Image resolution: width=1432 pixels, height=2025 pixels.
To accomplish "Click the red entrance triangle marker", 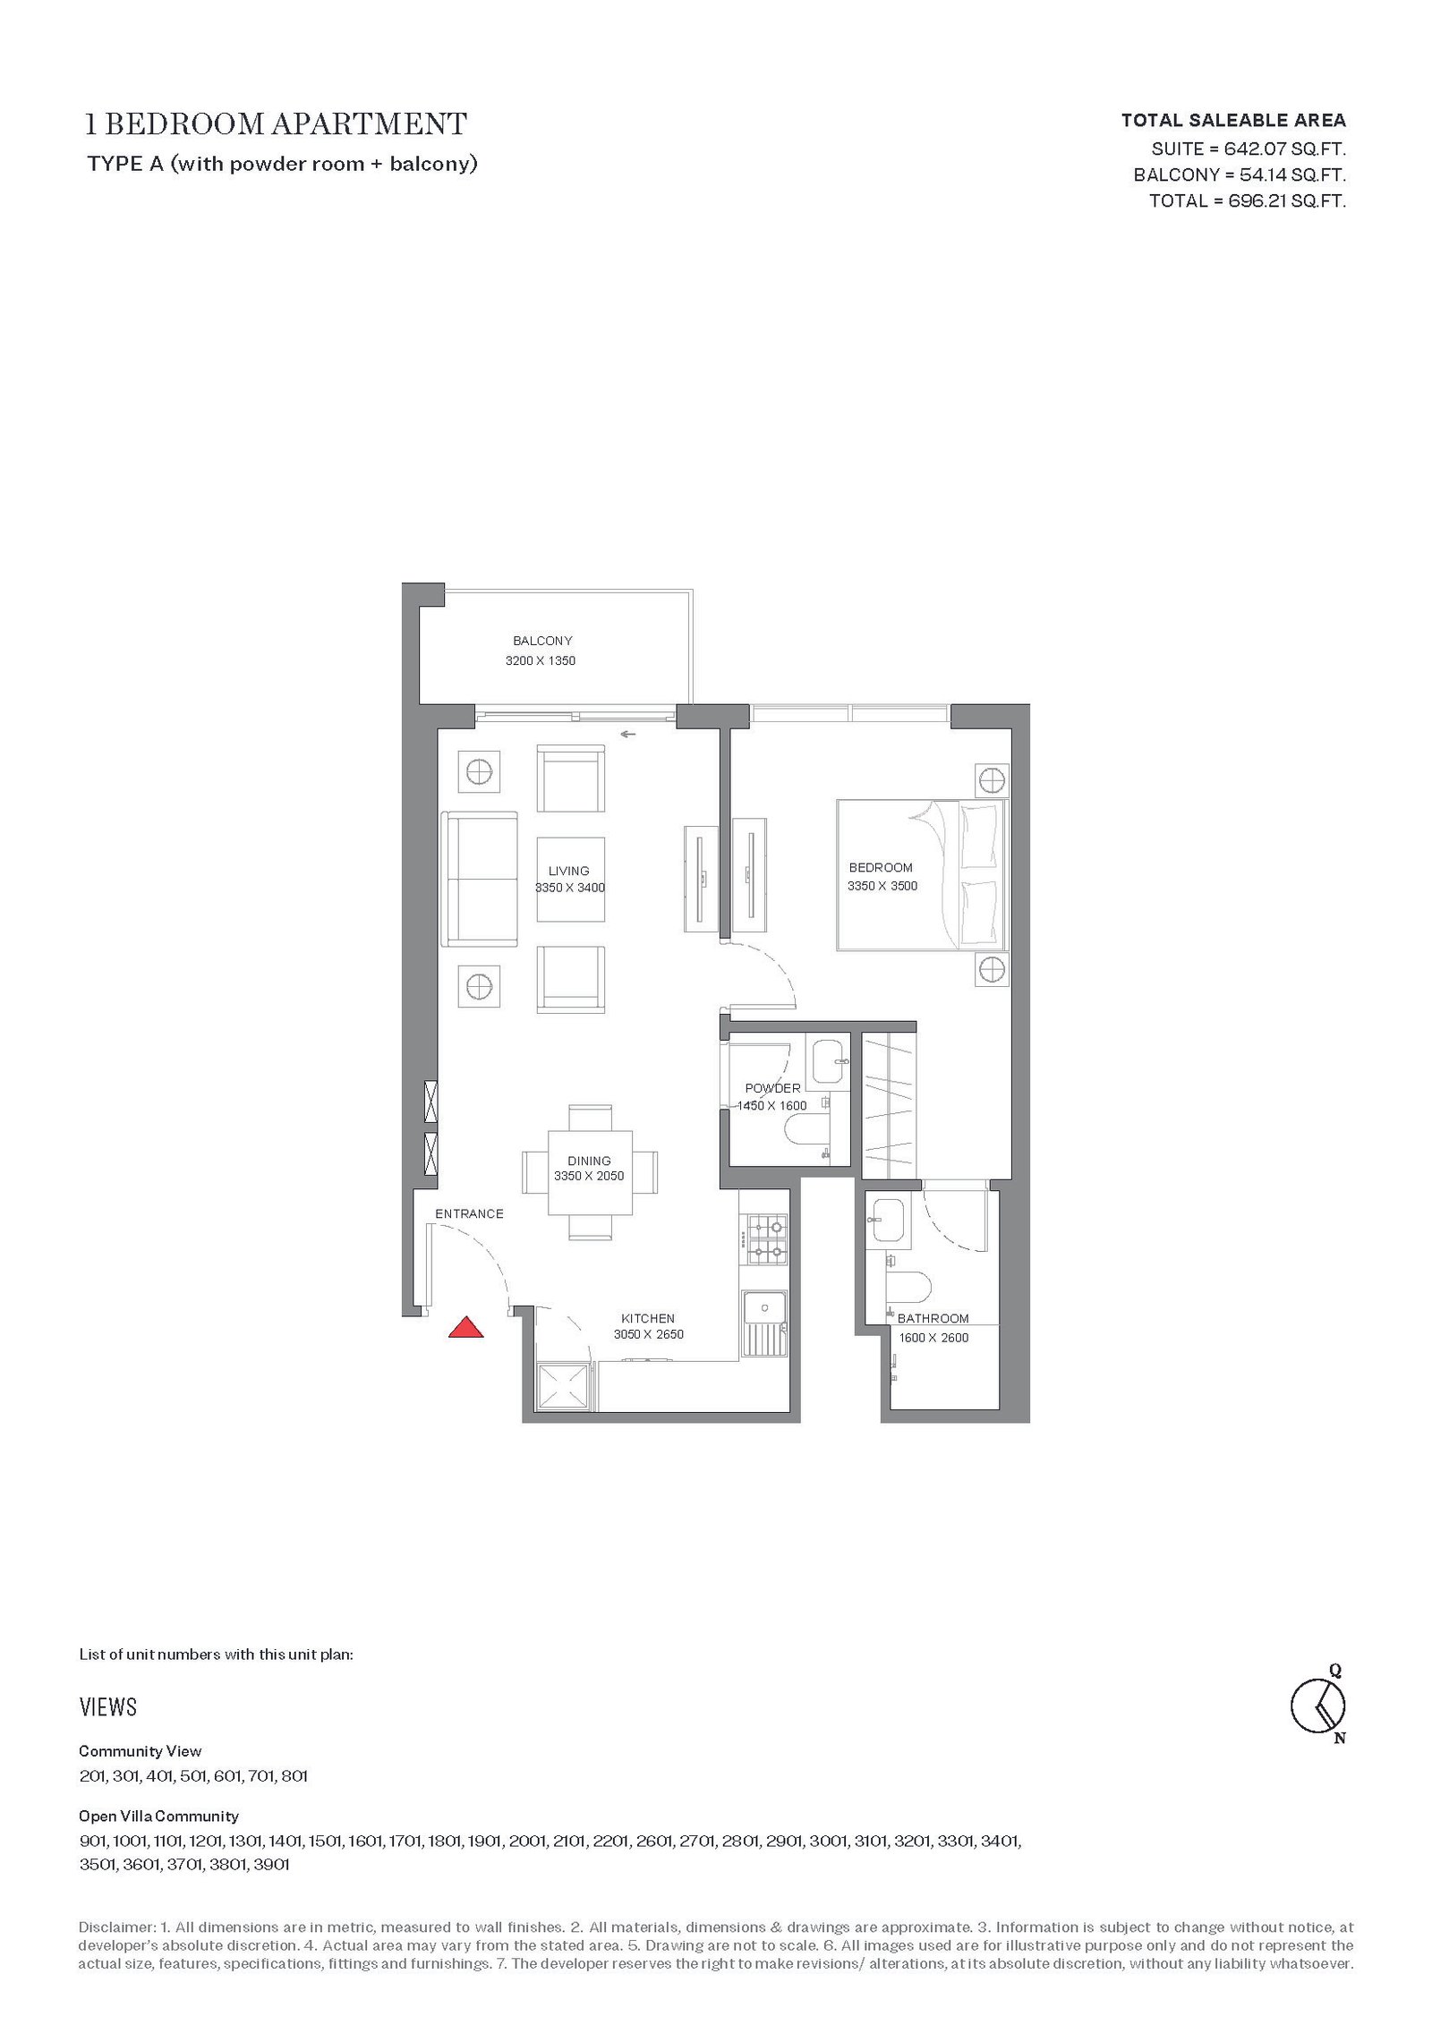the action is [x=465, y=1327].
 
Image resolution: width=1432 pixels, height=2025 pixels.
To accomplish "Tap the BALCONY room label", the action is [x=542, y=641].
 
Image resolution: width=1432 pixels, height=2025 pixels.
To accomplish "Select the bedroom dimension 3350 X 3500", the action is [x=882, y=886].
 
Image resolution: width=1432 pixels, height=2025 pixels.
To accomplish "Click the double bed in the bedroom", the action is [x=922, y=874].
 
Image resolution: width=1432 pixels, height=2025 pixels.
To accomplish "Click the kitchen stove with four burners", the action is [x=767, y=1238].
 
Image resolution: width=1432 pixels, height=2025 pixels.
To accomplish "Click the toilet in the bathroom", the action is [x=908, y=1288].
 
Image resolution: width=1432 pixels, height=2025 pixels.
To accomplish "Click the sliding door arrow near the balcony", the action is [x=627, y=735].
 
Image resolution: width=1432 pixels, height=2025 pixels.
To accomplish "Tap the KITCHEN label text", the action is [x=648, y=1318].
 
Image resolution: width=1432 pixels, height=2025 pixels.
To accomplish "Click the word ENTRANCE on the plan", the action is [x=469, y=1213].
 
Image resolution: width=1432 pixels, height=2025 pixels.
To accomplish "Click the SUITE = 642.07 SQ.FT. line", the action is [x=1249, y=149].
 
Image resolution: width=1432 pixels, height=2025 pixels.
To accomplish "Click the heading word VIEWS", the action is [x=108, y=1707].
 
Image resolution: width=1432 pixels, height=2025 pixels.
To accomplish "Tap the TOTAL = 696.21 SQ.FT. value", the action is [x=1248, y=200].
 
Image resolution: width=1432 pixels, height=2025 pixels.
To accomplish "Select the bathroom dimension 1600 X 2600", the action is [x=933, y=1338].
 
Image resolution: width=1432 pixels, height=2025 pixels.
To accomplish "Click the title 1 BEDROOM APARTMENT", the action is [x=276, y=123].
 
